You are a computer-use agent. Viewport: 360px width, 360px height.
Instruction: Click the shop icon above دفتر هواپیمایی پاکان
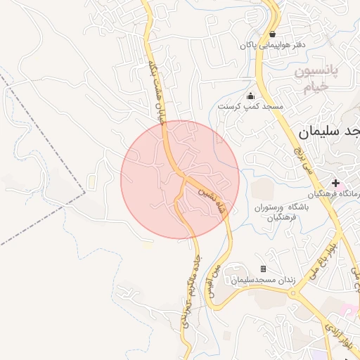tap(272, 34)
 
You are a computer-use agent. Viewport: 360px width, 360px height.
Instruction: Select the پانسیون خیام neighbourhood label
tap(315, 79)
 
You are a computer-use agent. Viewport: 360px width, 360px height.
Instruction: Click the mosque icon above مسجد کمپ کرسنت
tap(250, 96)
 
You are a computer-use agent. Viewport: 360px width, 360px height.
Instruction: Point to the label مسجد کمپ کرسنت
tap(250, 107)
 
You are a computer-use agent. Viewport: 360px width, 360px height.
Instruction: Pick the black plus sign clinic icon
tap(336, 183)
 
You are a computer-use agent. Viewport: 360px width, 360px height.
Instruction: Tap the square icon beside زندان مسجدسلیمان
tap(263, 269)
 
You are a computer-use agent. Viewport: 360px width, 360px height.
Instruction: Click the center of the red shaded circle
tap(180, 179)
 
